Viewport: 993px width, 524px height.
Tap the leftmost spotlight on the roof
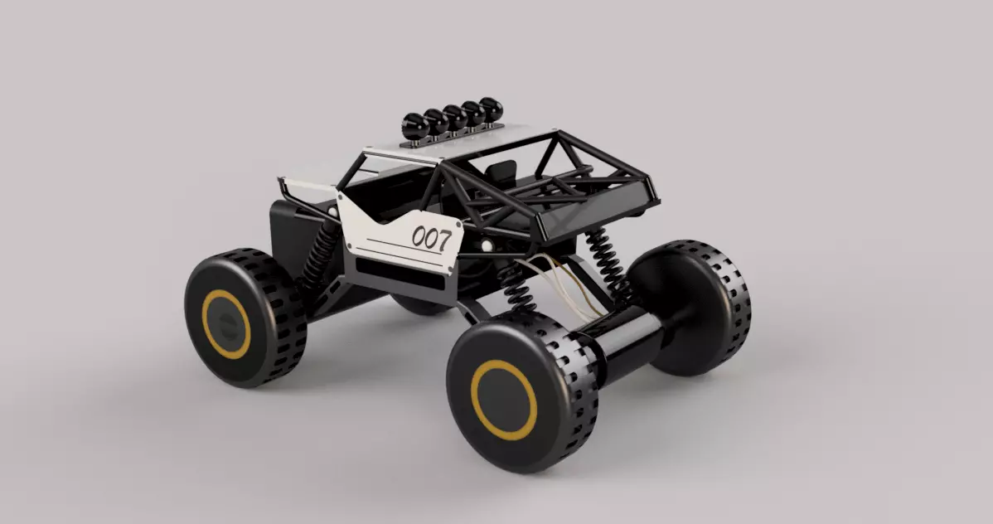(413, 125)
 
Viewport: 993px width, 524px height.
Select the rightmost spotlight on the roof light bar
(492, 109)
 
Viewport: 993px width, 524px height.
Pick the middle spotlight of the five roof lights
(453, 117)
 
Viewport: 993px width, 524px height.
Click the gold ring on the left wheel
(225, 324)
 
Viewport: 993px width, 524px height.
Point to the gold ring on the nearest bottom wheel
(504, 398)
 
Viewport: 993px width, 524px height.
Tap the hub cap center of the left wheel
(225, 324)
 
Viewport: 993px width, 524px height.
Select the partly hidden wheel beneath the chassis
(419, 305)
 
